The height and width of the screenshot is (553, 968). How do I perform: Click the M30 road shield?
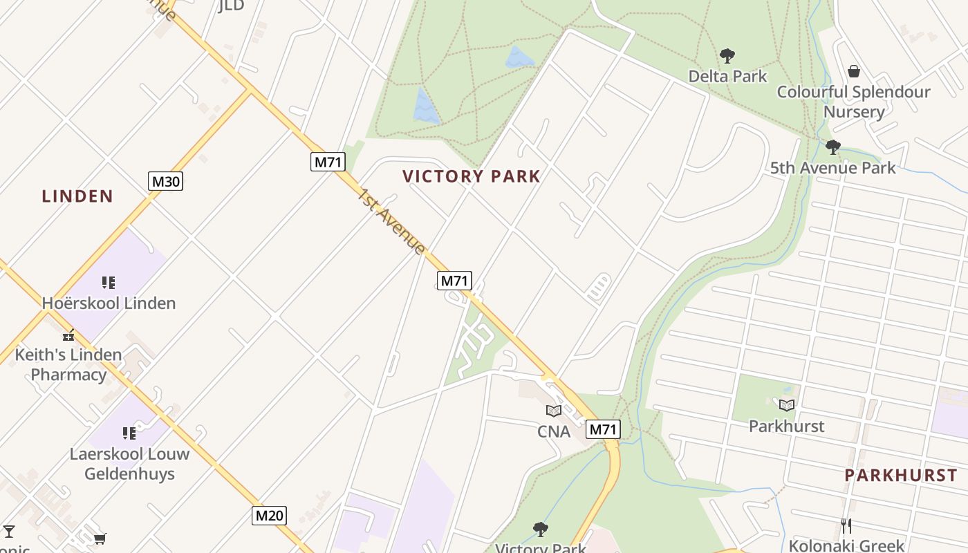tap(165, 182)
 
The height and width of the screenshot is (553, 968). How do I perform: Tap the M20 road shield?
tap(269, 515)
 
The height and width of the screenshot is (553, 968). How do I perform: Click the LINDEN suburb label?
tap(77, 196)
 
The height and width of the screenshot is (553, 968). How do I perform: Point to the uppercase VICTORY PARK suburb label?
tap(472, 176)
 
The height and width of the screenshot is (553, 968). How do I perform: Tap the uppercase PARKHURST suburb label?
tap(901, 476)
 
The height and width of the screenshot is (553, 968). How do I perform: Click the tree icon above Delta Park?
tap(727, 56)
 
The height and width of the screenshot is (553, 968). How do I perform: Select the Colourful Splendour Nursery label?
tap(854, 102)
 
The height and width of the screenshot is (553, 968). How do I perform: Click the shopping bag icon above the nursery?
tap(854, 71)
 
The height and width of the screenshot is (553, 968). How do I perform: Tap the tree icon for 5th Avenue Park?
tap(833, 147)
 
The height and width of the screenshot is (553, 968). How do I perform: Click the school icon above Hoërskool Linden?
tap(109, 283)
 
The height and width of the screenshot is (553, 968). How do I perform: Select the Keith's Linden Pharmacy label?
tap(68, 364)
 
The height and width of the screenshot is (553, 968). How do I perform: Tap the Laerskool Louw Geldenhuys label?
tap(129, 464)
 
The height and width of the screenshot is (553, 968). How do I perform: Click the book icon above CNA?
tap(554, 411)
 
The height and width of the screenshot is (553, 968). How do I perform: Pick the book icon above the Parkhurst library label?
tap(787, 406)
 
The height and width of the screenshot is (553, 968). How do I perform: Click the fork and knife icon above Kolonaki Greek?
tap(846, 525)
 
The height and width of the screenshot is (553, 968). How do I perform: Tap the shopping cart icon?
tap(100, 538)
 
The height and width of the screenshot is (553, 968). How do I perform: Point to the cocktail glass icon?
tap(9, 532)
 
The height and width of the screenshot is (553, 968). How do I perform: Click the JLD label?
tap(232, 6)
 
